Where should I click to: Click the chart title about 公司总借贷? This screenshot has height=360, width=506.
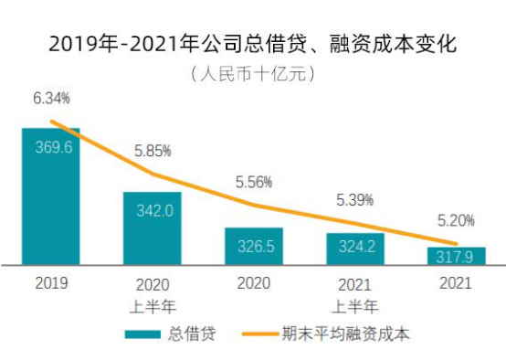click(x=253, y=43)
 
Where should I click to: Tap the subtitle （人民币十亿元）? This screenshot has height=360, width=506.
click(x=253, y=73)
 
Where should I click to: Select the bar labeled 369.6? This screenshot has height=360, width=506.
click(x=51, y=196)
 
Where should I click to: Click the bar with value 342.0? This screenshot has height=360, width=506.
click(x=153, y=228)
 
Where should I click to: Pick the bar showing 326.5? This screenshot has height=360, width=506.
click(x=254, y=247)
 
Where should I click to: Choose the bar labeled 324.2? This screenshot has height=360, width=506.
click(x=355, y=249)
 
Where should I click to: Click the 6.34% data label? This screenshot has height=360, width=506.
click(x=51, y=98)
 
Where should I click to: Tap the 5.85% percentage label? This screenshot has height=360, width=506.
click(x=153, y=150)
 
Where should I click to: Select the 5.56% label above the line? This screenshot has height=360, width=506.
click(x=254, y=182)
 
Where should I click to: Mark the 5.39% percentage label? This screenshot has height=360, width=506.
click(x=355, y=198)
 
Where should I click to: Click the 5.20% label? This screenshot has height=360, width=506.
click(x=457, y=221)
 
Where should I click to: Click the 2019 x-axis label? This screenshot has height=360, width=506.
click(x=51, y=284)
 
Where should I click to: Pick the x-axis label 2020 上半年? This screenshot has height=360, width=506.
click(x=153, y=293)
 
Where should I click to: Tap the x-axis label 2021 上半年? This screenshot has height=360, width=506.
click(x=355, y=293)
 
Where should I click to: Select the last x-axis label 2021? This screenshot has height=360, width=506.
click(x=457, y=284)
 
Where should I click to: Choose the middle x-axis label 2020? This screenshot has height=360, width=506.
click(x=254, y=284)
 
